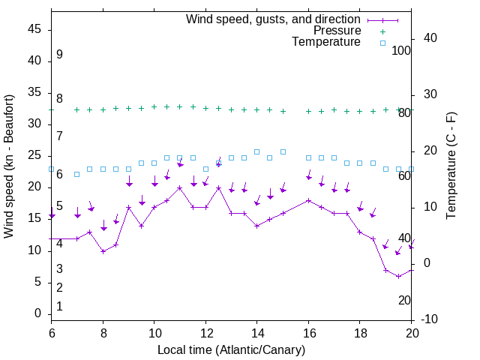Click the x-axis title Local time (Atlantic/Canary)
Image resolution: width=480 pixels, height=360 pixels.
coord(231,349)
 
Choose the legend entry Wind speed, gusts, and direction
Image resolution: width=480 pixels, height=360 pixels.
coord(273,19)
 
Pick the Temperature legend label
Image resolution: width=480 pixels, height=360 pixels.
coord(326,42)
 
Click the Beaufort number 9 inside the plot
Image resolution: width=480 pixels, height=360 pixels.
coord(59,55)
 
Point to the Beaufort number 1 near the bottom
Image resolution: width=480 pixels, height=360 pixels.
coord(59,306)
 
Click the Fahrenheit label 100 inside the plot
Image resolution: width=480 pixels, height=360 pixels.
coord(401,50)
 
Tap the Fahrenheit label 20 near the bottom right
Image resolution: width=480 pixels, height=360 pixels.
coord(404,300)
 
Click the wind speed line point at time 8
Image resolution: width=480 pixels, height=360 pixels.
coord(103,251)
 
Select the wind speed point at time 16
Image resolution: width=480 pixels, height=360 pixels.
coord(308,200)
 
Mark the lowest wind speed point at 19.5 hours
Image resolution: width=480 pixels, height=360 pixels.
coord(398,276)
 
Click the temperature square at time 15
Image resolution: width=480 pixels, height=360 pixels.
coord(283,151)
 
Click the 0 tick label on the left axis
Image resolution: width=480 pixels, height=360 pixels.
coord(38,313)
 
